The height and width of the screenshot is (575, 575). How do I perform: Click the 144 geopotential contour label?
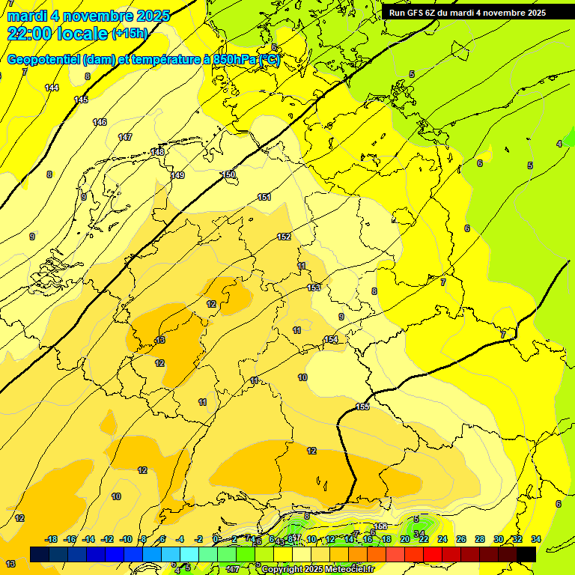click(52, 88)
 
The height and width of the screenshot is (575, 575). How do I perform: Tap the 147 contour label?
click(125, 137)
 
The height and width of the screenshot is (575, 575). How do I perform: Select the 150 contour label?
click(228, 174)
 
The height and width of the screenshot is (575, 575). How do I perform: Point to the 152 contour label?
click(284, 237)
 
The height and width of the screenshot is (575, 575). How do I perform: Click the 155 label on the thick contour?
click(362, 407)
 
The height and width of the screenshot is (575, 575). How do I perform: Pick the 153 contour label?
click(314, 287)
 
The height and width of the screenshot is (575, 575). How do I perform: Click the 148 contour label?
click(157, 152)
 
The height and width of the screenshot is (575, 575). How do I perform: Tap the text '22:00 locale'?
click(57, 33)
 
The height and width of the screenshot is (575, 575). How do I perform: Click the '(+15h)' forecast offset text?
click(130, 34)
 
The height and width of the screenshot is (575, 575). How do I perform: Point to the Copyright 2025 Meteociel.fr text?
click(317, 570)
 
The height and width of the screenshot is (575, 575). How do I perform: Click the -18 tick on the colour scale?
click(52, 539)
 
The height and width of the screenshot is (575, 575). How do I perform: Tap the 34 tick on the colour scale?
click(535, 539)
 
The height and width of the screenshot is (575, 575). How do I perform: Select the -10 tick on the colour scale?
click(126, 539)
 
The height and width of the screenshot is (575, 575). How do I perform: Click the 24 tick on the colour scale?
click(442, 539)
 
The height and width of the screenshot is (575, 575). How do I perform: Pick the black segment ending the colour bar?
click(526, 554)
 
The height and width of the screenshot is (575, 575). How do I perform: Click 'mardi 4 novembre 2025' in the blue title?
click(88, 16)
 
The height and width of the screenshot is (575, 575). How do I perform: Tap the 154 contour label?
click(330, 340)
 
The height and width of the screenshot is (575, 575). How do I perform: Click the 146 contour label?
click(100, 122)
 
